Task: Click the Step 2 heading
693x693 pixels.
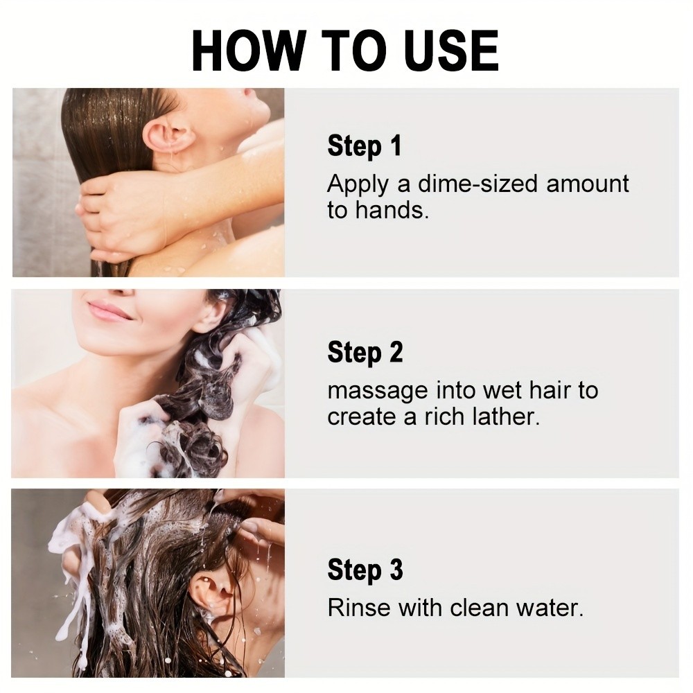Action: coord(365,353)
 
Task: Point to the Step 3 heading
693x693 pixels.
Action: coord(365,570)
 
